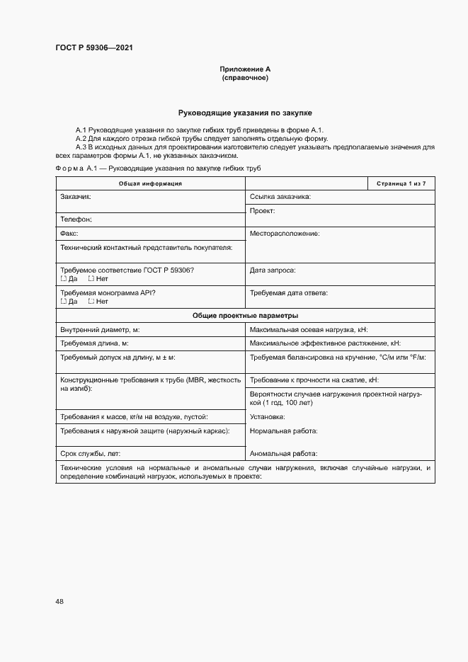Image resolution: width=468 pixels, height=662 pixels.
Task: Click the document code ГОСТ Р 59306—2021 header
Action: pyautogui.click(x=93, y=48)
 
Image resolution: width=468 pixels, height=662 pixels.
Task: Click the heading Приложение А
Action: pyautogui.click(x=245, y=69)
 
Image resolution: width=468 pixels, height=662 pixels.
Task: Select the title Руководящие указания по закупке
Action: pyautogui.click(x=245, y=113)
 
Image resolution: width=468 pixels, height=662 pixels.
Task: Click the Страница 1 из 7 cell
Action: pyautogui.click(x=401, y=183)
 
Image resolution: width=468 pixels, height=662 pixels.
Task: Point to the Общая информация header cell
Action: pyautogui.click(x=150, y=183)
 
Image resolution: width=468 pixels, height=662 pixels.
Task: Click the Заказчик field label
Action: pyautogui.click(x=76, y=196)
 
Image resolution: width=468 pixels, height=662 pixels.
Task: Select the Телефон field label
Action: pyautogui.click(x=76, y=219)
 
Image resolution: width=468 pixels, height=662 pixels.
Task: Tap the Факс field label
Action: pyautogui.click(x=69, y=233)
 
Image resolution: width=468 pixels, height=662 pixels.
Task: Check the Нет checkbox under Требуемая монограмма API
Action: pyautogui.click(x=91, y=301)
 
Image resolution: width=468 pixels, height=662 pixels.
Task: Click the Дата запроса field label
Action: pyautogui.click(x=273, y=270)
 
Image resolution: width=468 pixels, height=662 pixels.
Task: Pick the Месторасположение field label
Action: pyautogui.click(x=285, y=233)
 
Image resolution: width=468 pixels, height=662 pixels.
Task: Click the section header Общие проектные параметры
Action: pyautogui.click(x=245, y=315)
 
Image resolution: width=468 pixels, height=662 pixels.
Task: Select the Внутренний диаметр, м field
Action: pyautogui.click(x=100, y=329)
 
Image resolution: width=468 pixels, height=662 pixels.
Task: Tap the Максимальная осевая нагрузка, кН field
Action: pyautogui.click(x=308, y=329)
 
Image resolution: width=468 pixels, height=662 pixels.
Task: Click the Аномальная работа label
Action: pyautogui.click(x=283, y=453)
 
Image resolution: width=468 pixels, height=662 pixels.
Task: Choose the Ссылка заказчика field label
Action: pyautogui.click(x=280, y=196)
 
